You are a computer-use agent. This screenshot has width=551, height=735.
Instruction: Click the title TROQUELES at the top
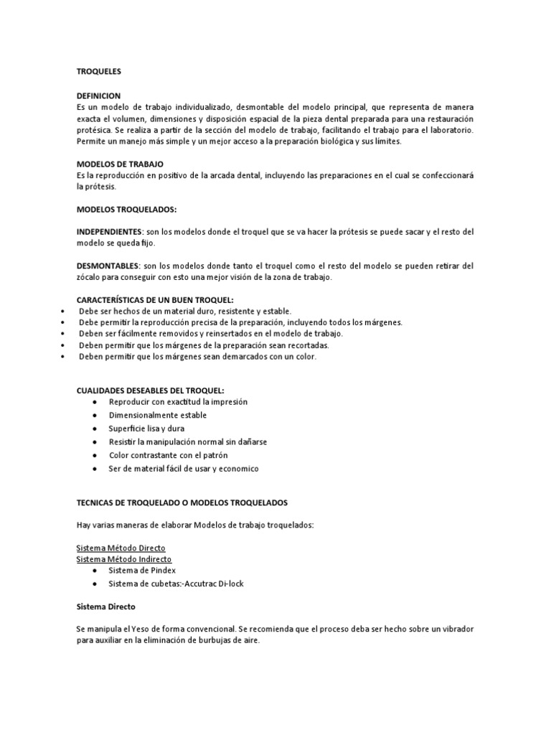point(100,72)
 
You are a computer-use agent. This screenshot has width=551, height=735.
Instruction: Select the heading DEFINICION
point(98,95)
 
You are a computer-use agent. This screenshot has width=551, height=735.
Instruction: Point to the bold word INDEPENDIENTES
point(109,232)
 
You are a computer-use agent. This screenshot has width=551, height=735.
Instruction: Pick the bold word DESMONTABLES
point(108,266)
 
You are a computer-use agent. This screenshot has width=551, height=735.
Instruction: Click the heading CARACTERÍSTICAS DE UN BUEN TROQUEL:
point(154,300)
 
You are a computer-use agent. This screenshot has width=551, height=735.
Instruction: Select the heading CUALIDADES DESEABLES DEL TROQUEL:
point(150,390)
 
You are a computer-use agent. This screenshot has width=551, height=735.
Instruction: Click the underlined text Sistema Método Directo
point(121,547)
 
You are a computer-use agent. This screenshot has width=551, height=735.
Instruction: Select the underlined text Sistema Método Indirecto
point(123,558)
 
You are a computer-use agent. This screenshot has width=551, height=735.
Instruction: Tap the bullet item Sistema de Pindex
point(141,571)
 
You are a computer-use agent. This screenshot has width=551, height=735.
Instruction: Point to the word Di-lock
point(229,584)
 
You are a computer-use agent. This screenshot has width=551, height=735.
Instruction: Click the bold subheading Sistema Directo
point(106,607)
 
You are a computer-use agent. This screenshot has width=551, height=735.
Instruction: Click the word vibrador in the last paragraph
point(455,629)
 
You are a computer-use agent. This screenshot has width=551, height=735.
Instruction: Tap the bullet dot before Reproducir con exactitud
point(95,402)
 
